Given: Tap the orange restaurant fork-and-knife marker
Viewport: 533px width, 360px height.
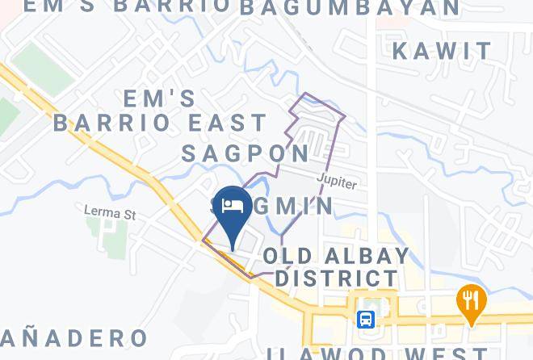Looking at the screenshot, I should point(471,301).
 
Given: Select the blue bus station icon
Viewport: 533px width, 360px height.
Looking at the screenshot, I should point(366,319).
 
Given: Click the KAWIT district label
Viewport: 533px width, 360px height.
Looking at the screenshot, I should point(442,51).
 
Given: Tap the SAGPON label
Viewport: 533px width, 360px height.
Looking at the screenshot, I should point(246,153).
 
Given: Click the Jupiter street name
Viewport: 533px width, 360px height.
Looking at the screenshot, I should point(337,182).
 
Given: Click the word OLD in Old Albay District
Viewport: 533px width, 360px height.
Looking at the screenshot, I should point(283,257).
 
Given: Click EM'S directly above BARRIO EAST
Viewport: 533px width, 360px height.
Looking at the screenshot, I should point(159,98).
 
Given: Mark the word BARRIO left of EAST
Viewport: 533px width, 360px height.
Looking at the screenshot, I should point(112,123).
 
